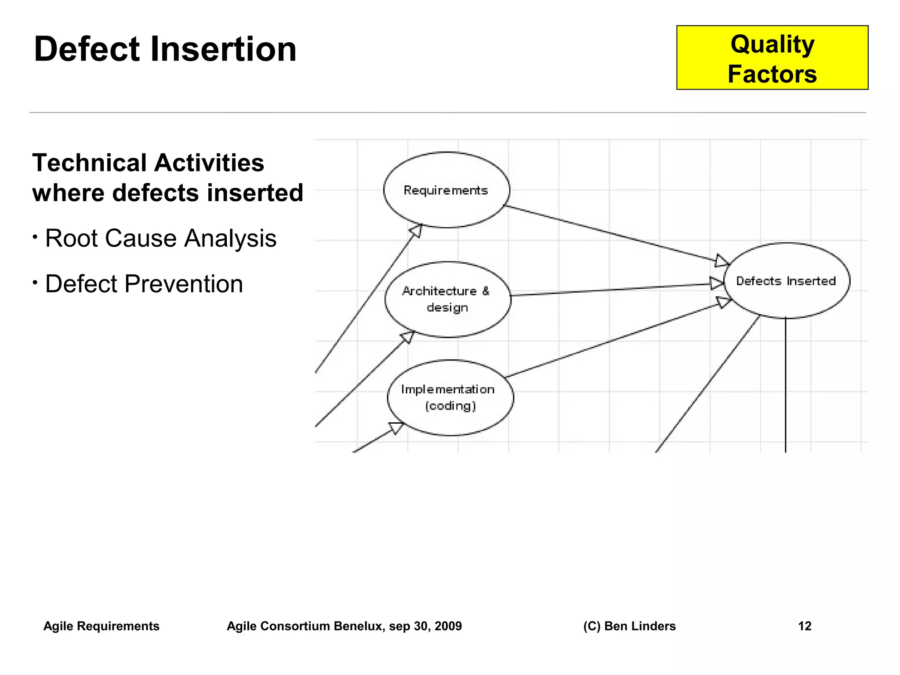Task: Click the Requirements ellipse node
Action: [x=446, y=190]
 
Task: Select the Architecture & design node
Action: [x=447, y=299]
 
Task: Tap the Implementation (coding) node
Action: [x=450, y=398]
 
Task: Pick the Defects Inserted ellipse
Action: [x=786, y=281]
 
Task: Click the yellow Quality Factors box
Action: [x=772, y=58]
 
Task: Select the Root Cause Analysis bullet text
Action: [x=160, y=239]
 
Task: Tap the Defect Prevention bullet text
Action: [x=144, y=284]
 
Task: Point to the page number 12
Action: [x=804, y=626]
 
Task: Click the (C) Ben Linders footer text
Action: [x=629, y=626]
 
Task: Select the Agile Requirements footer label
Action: [x=101, y=626]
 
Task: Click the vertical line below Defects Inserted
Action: [x=785, y=387]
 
